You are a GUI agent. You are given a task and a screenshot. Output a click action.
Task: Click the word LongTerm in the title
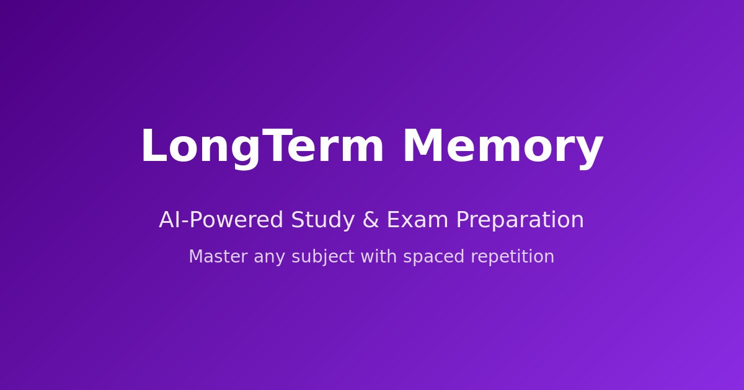262,147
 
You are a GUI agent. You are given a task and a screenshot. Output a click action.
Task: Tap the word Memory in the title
502,147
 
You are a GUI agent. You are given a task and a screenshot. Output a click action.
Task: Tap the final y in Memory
591,152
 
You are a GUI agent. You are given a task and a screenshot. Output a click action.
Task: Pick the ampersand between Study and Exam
370,220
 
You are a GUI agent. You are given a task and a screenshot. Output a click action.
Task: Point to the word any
270,258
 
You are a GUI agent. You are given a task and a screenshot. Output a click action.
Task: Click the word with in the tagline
379,257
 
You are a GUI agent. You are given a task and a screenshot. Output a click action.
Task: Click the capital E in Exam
393,220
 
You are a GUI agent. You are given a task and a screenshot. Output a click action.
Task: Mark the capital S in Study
297,220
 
